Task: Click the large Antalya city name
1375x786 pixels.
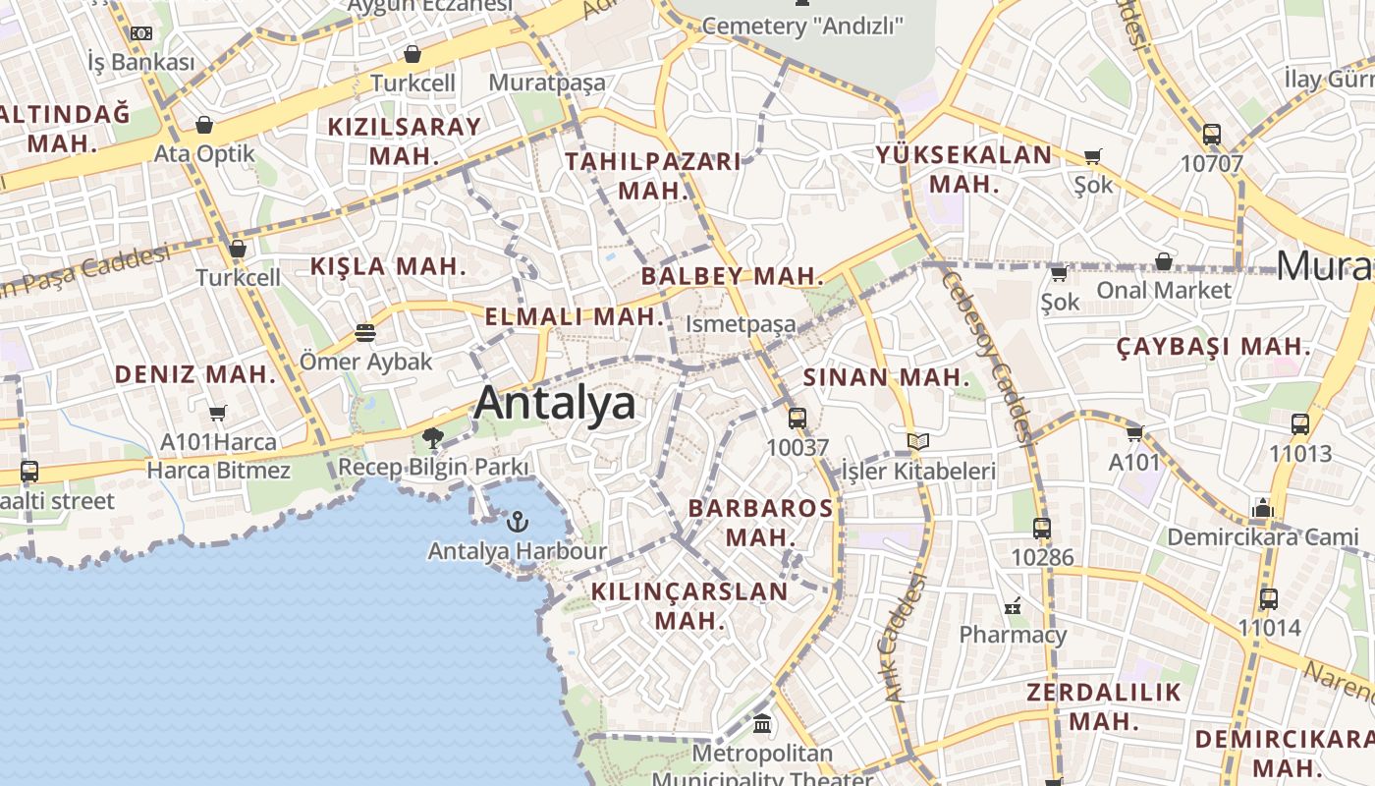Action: pyautogui.click(x=555, y=404)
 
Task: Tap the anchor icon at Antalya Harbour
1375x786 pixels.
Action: pyautogui.click(x=518, y=521)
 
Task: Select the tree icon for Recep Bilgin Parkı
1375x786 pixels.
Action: pyautogui.click(x=432, y=438)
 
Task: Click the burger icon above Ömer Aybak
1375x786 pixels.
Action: pyautogui.click(x=365, y=333)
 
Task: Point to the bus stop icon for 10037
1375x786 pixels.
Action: pyautogui.click(x=797, y=418)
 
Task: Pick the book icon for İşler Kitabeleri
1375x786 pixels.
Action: pyautogui.click(x=917, y=442)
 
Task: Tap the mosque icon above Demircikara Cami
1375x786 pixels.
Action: pyautogui.click(x=1262, y=508)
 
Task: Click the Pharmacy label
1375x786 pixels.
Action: pyautogui.click(x=1013, y=635)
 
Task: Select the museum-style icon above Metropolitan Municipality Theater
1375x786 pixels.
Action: pyautogui.click(x=762, y=724)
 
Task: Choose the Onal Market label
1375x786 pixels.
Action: pyautogui.click(x=1163, y=290)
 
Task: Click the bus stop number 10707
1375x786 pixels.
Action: pyautogui.click(x=1211, y=163)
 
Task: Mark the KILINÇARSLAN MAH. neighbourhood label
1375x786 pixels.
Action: pyautogui.click(x=689, y=605)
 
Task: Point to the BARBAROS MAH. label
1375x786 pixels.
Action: pyautogui.click(x=761, y=523)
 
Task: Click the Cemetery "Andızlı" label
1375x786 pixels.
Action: pyautogui.click(x=802, y=27)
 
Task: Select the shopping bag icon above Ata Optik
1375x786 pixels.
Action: pyautogui.click(x=204, y=125)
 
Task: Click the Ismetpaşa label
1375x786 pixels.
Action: pyautogui.click(x=741, y=323)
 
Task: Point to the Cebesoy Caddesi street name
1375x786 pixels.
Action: pyautogui.click(x=985, y=354)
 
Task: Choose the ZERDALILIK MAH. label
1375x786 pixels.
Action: pyautogui.click(x=1104, y=706)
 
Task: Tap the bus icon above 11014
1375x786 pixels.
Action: pyautogui.click(x=1269, y=598)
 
